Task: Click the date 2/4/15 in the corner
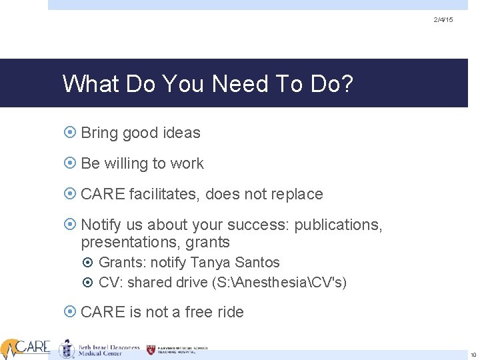pos(443,20)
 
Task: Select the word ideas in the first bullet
pos(180,133)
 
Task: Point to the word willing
pos(126,163)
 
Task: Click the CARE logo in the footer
pos(25,347)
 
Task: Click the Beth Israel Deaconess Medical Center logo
pos(100,349)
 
